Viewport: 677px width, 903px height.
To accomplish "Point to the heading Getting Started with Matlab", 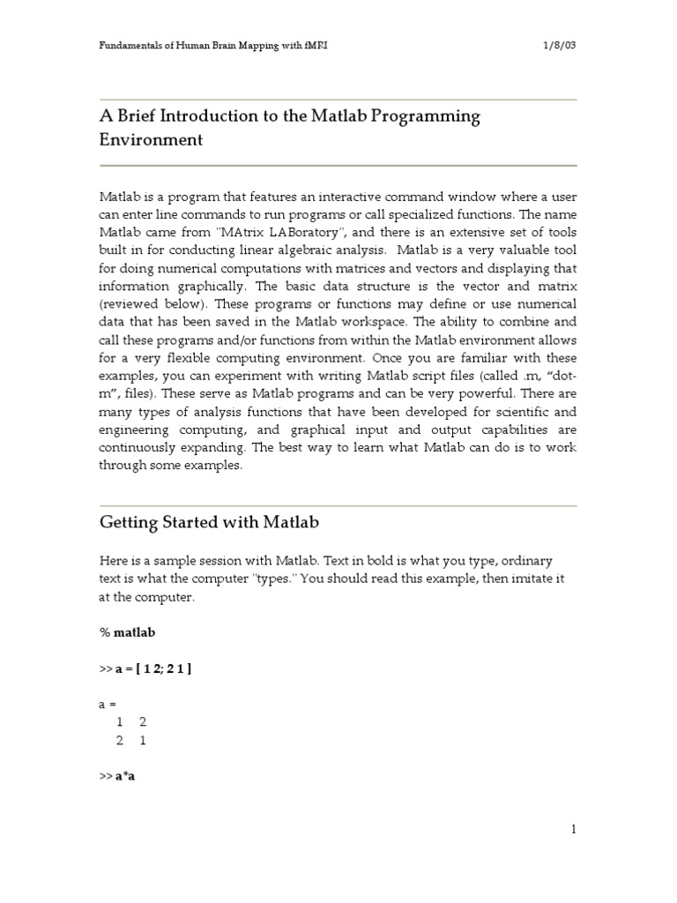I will tap(208, 523).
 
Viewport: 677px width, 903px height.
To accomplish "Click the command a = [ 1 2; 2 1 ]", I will tap(153, 669).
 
